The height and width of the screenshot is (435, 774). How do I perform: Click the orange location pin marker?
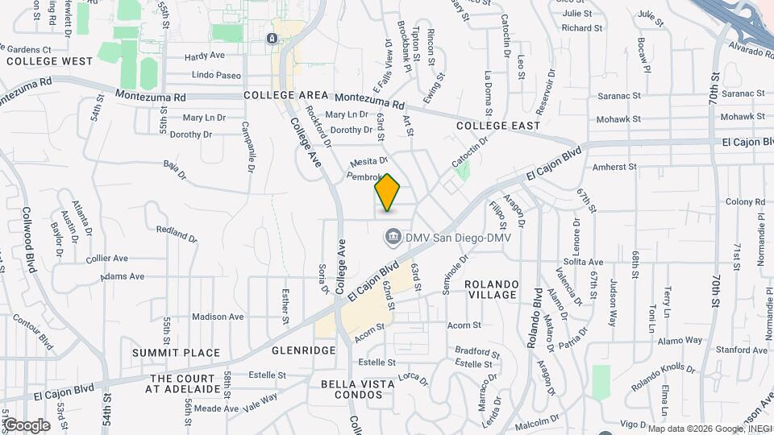388,192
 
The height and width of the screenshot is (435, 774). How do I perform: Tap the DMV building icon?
393,236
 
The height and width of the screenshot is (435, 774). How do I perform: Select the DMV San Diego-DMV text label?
458,236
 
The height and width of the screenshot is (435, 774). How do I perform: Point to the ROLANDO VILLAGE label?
490,290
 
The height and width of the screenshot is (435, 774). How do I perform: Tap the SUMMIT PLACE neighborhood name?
177,353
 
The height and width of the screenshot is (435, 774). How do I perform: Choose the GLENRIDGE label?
281,351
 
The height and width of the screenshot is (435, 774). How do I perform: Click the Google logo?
26,425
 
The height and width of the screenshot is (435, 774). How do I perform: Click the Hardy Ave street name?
204,56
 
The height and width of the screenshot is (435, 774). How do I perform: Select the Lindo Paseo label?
216,75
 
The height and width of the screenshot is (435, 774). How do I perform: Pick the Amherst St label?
614,167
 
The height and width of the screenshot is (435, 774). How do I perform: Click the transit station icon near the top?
274,38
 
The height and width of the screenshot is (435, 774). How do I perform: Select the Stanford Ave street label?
742,350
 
